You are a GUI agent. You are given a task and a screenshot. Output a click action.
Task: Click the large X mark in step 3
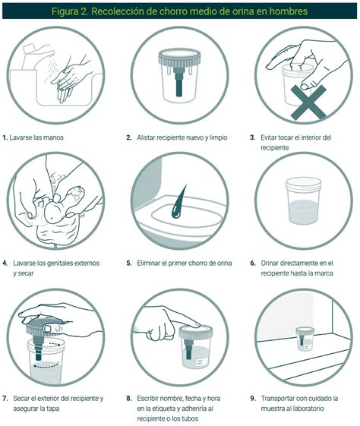(308, 103)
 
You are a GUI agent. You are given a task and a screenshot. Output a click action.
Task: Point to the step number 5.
(129, 263)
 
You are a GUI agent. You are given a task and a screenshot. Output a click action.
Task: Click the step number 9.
(253, 399)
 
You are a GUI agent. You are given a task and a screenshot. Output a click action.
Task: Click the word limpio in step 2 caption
(218, 137)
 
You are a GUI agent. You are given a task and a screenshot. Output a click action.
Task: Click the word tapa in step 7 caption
(52, 409)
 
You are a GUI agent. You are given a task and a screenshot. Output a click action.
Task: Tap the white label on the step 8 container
(200, 362)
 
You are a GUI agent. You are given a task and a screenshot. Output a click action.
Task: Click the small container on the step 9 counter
(305, 339)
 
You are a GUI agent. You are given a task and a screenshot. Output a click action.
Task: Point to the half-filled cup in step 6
(303, 200)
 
